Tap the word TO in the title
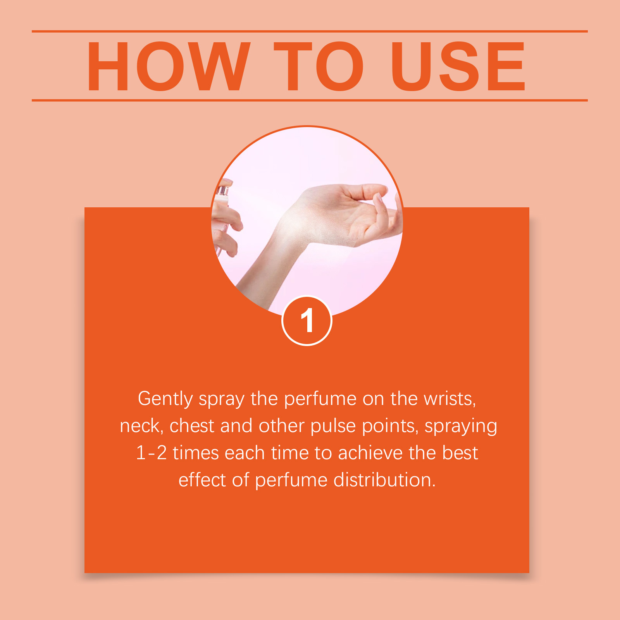pyautogui.click(x=319, y=67)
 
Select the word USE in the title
pyautogui.click(x=458, y=67)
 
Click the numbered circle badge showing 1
pyautogui.click(x=307, y=320)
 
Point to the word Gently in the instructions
pyautogui.click(x=165, y=399)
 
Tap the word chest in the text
pyautogui.click(x=192, y=426)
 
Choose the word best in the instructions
pyautogui.click(x=460, y=453)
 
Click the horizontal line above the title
pyautogui.click(x=310, y=31)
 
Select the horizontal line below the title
pyautogui.click(x=310, y=100)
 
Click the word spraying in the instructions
pyautogui.click(x=461, y=427)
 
